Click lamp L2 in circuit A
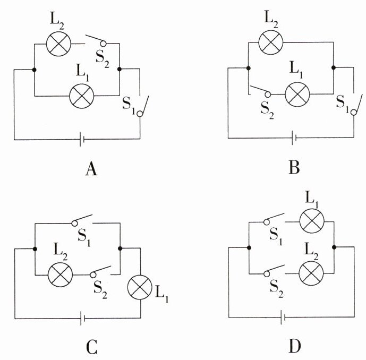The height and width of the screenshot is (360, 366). click(x=59, y=44)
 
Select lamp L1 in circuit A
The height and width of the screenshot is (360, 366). click(x=82, y=96)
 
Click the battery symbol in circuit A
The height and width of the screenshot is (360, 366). click(x=82, y=140)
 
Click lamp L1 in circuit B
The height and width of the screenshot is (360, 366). click(x=297, y=96)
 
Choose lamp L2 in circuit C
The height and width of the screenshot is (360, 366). click(x=59, y=275)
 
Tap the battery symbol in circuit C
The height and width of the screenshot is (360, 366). click(x=82, y=319)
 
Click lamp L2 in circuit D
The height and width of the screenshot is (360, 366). click(x=312, y=274)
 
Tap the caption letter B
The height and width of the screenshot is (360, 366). click(x=295, y=168)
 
